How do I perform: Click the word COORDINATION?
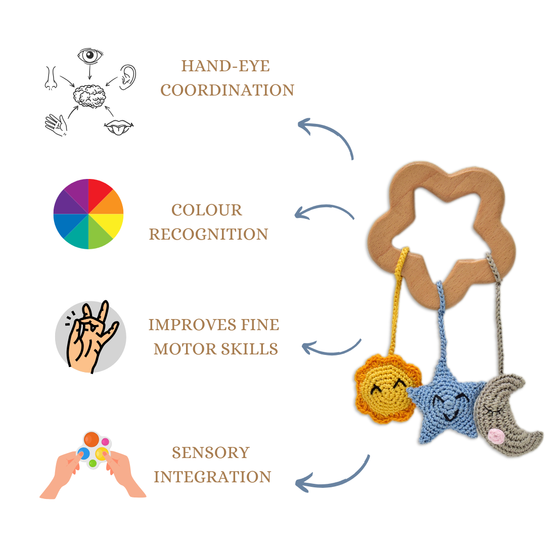click(227, 90)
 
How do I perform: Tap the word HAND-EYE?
click(225, 66)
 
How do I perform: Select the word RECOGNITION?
click(208, 235)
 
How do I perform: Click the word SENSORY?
click(211, 452)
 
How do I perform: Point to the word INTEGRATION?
click(212, 477)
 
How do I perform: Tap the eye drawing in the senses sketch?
click(90, 56)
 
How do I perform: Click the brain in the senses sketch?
click(89, 96)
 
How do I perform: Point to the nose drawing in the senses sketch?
click(51, 78)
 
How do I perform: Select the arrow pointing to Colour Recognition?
click(324, 212)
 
